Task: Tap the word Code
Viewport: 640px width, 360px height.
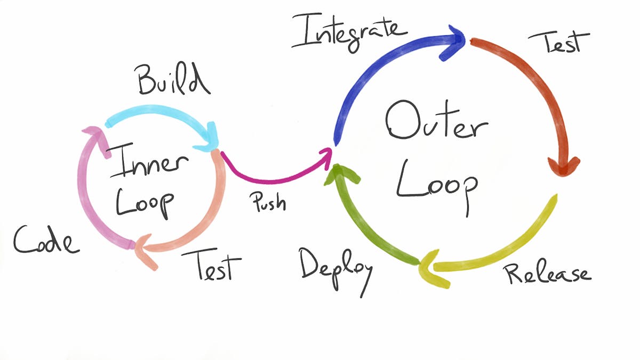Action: [46, 241]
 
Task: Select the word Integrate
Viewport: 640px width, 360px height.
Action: [349, 31]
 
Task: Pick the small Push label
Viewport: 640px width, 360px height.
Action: [267, 201]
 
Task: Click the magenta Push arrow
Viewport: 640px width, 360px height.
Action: [272, 173]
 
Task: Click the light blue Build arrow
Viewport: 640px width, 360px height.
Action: [155, 114]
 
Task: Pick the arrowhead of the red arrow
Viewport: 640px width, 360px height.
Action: [564, 165]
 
